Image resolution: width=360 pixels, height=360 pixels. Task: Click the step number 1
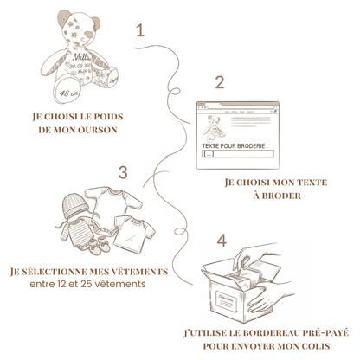click(139, 30)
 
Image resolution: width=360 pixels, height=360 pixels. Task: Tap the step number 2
click(220, 83)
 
